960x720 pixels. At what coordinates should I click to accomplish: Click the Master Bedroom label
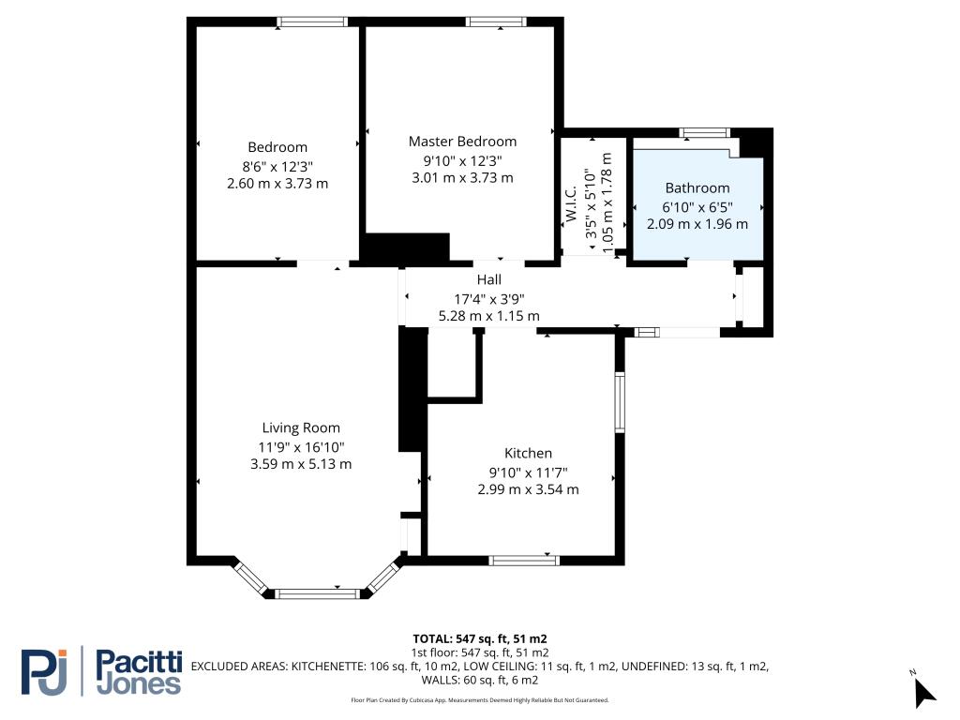tap(462, 142)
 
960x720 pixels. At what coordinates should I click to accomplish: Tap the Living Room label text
tap(301, 427)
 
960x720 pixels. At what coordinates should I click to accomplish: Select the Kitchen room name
tap(528, 453)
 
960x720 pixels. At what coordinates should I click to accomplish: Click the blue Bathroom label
tap(697, 187)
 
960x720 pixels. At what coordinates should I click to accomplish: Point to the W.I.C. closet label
tap(571, 203)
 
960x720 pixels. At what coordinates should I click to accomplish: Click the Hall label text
tap(488, 279)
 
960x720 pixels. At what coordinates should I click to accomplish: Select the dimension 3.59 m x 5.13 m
tap(301, 464)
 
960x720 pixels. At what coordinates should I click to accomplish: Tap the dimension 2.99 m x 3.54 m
tap(528, 489)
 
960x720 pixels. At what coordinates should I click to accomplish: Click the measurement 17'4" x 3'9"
tap(488, 299)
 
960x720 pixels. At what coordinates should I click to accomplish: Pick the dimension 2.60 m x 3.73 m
tap(277, 183)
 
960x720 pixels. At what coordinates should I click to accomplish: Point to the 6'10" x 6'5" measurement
tap(697, 207)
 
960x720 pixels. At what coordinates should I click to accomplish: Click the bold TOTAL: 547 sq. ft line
tap(479, 639)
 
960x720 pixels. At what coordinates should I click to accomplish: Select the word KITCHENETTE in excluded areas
tap(328, 667)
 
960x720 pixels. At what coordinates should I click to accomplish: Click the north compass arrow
tap(923, 693)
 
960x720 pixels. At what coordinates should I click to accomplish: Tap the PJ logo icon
tap(44, 672)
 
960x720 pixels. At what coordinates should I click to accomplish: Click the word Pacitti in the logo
tap(140, 662)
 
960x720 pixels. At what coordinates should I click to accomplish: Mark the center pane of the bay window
tap(317, 593)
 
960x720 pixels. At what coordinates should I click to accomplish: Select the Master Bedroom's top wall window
tap(496, 22)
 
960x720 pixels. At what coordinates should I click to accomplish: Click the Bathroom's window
tap(705, 132)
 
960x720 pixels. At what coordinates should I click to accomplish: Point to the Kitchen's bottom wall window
tap(524, 561)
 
